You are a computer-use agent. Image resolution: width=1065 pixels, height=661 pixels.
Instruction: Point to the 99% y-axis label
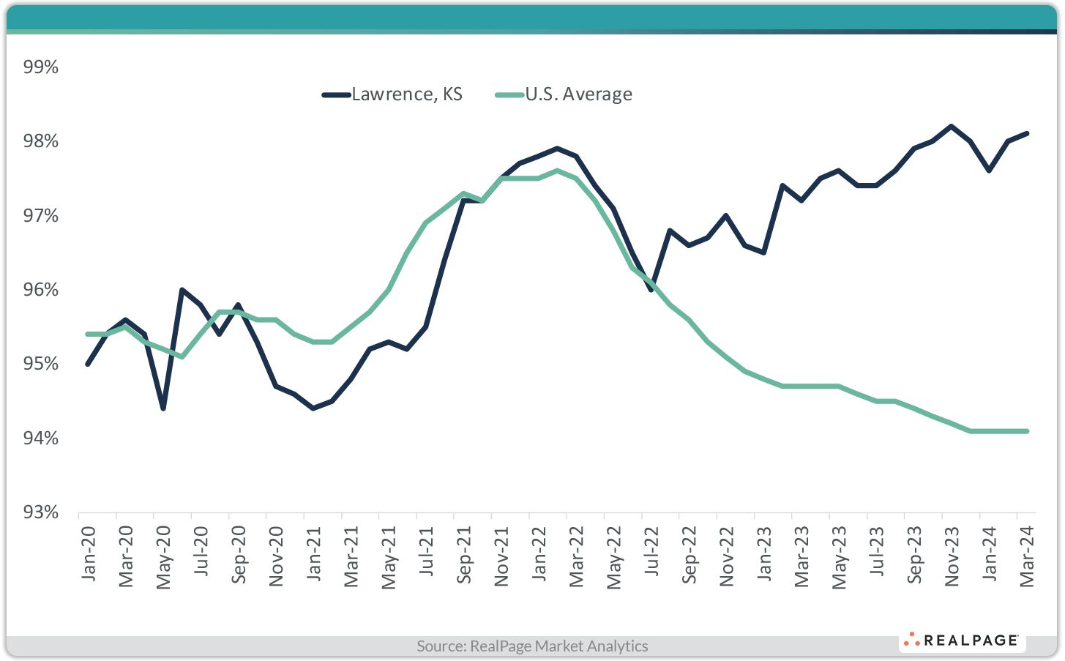pos(41,67)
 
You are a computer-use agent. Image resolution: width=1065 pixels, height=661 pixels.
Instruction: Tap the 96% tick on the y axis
pos(41,290)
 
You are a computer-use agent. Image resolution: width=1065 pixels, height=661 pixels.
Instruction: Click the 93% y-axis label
pos(41,512)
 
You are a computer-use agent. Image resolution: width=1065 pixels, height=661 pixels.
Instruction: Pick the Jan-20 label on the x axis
pos(88,553)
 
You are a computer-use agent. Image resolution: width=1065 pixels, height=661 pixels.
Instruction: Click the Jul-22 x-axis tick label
pos(651,553)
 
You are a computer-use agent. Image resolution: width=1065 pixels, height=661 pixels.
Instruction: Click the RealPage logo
pos(962,641)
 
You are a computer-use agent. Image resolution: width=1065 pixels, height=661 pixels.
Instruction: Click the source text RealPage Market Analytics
pos(532,646)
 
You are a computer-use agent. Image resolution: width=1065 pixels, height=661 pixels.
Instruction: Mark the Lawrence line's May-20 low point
pos(163,408)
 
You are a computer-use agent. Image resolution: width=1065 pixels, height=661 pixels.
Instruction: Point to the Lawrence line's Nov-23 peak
pos(952,126)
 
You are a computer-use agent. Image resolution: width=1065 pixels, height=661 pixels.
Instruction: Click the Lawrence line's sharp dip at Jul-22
pos(651,290)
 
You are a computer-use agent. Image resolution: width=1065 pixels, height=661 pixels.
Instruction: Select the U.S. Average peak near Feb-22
pos(558,171)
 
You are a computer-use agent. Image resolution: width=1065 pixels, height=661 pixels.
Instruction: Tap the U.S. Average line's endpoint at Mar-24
pos(1027,431)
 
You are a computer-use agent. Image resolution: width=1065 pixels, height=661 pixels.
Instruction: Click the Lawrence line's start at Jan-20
pos(88,364)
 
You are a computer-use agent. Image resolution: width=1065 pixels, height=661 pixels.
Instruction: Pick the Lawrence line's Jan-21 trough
pos(313,408)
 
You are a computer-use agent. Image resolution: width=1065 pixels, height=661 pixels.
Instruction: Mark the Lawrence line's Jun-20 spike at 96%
pos(182,290)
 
